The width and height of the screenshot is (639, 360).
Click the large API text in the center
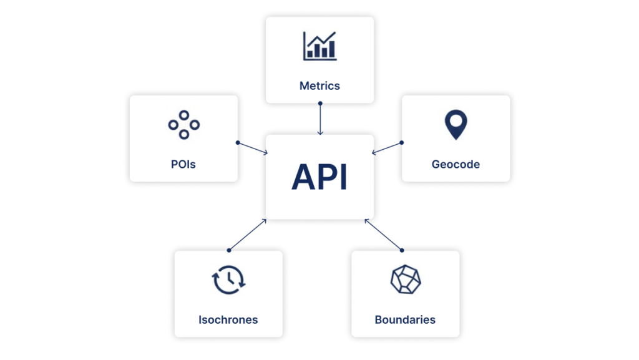pos(319,177)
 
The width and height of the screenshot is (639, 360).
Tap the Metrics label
pos(319,85)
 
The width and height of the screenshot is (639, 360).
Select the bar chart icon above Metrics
pos(319,46)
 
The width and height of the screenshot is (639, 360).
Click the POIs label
pos(183,165)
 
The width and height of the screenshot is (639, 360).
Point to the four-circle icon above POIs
pos(183,125)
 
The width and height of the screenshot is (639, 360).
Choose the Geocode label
pos(456,165)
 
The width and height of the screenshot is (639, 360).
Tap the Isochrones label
pos(228,319)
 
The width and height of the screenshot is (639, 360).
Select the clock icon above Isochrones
pos(229,280)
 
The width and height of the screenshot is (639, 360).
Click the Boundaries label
pos(405,319)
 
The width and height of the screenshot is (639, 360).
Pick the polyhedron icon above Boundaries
pos(405,280)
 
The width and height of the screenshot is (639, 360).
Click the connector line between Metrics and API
pos(320,119)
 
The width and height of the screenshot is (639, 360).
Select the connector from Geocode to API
pos(388,147)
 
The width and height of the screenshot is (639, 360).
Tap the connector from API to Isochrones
pos(247,235)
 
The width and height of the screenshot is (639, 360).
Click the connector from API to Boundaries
pos(384,235)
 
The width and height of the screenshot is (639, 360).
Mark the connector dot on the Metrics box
pos(320,104)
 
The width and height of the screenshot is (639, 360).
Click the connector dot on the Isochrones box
pos(229,250)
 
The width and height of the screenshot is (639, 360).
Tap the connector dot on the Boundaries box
pos(402,250)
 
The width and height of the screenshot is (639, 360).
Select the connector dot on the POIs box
pos(238,142)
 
